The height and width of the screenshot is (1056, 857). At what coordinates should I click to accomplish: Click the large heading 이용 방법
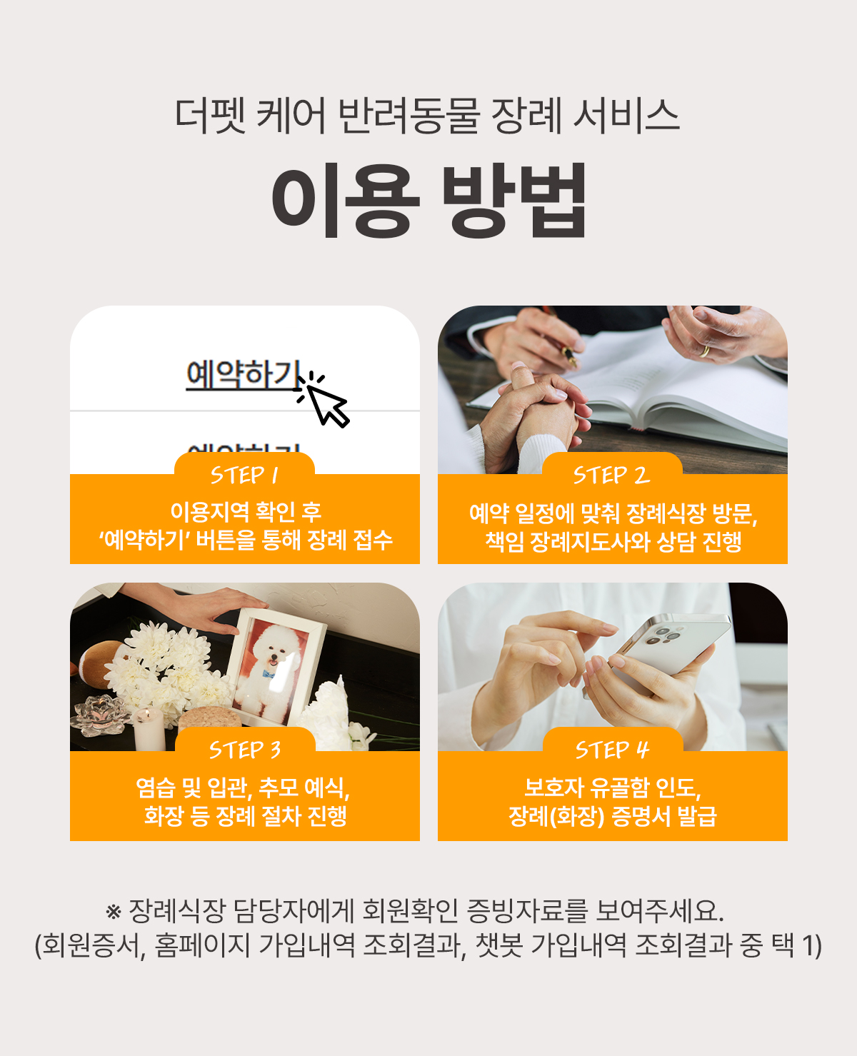click(x=429, y=201)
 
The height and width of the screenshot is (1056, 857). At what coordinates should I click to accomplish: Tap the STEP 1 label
click(x=244, y=475)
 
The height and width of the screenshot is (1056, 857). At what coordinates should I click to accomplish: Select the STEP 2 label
click(x=611, y=475)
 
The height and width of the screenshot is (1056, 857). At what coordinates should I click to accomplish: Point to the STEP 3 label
click(x=245, y=750)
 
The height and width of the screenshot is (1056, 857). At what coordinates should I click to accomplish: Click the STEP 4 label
click(x=613, y=750)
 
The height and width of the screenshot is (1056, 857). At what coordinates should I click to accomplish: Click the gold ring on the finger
click(x=704, y=351)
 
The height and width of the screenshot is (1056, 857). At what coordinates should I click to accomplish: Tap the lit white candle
click(x=149, y=729)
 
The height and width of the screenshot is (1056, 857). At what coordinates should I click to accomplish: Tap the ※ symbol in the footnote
click(x=114, y=912)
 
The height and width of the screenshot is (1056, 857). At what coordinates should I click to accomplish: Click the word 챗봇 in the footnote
click(x=498, y=945)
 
